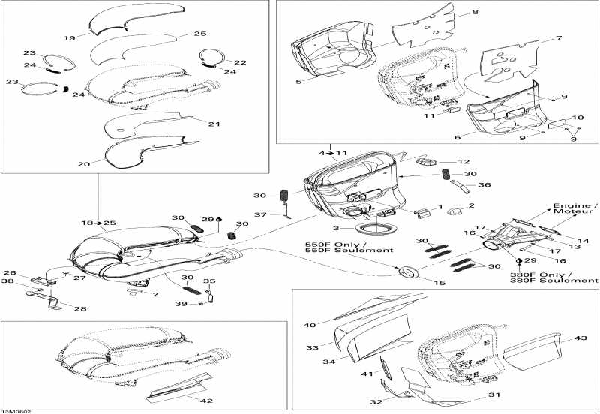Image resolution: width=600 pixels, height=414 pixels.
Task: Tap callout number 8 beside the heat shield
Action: [475, 13]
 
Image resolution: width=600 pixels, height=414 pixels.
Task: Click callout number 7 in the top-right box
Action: [558, 38]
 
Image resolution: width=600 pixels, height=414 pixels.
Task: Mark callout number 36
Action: [484, 185]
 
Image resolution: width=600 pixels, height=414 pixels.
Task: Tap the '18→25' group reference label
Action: [99, 223]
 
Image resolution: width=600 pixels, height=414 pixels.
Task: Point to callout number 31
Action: [493, 395]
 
